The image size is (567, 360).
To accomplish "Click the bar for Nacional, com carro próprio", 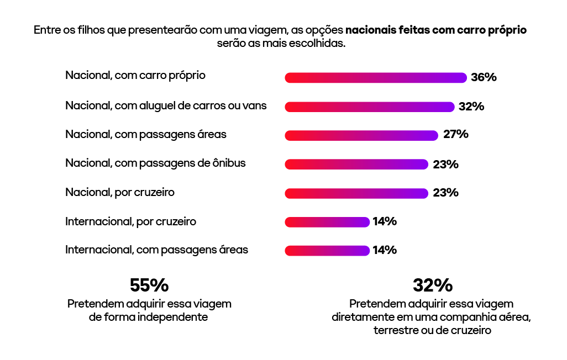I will pyautogui.click(x=376, y=78).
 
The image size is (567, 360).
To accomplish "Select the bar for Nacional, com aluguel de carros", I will pyautogui.click(x=369, y=107).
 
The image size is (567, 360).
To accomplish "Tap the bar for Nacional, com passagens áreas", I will pyautogui.click(x=361, y=135).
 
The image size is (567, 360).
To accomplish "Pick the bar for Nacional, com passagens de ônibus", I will pyautogui.click(x=356, y=164).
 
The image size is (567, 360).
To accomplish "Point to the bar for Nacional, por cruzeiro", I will pyautogui.click(x=356, y=193).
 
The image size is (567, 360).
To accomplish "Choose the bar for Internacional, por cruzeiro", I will pyautogui.click(x=327, y=222).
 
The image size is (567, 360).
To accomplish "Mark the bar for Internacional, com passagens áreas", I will pyautogui.click(x=327, y=251).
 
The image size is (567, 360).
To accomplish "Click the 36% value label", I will pyautogui.click(x=484, y=78).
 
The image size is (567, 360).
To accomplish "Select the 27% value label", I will pyautogui.click(x=455, y=135).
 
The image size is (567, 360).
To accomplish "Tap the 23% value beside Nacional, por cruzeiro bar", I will pyautogui.click(x=445, y=193).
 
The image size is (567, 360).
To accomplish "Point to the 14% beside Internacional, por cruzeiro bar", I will pyautogui.click(x=385, y=222).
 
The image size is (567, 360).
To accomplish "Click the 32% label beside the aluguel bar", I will pyautogui.click(x=471, y=107).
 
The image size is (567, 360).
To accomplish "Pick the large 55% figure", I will pyautogui.click(x=149, y=285).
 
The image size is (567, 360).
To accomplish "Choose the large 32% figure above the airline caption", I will pyautogui.click(x=432, y=285).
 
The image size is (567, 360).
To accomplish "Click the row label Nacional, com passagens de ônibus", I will pyautogui.click(x=155, y=163).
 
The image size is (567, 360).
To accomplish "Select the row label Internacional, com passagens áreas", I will pyautogui.click(x=156, y=250).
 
